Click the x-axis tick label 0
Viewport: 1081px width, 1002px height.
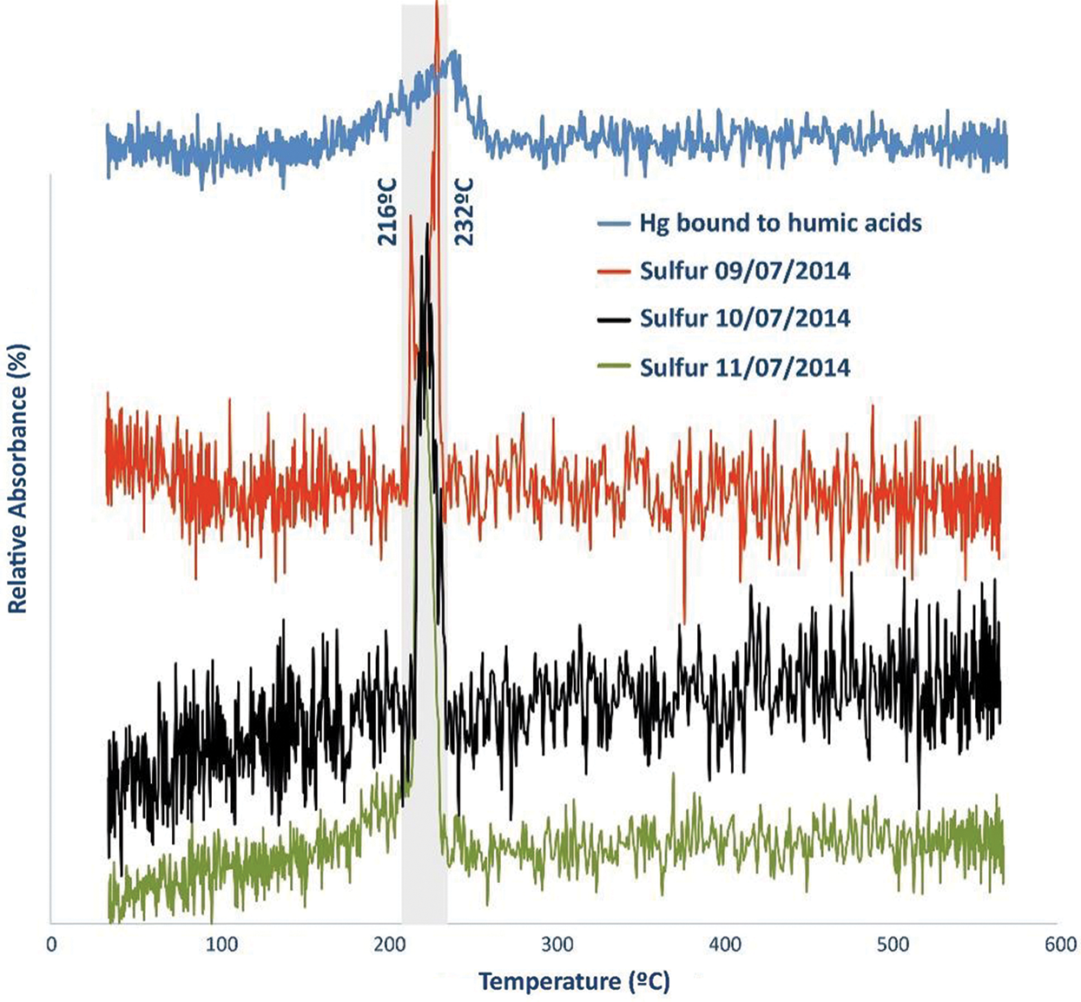pos(52,945)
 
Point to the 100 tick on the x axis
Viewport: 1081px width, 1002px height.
pos(221,945)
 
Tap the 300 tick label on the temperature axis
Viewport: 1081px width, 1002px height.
pos(557,945)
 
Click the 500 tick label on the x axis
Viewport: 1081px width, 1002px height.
pos(893,945)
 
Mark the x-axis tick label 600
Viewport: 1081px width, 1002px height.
pos(1060,945)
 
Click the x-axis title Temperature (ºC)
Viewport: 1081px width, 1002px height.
pos(574,981)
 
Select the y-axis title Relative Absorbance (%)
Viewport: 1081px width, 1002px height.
pos(18,478)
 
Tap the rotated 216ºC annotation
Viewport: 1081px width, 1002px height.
pos(388,212)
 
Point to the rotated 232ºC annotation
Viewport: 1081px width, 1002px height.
pos(465,212)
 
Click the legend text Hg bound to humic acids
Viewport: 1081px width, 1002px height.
pos(781,223)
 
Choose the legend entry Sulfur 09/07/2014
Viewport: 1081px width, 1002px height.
pos(745,271)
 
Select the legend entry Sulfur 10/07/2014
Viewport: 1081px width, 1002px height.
pos(745,318)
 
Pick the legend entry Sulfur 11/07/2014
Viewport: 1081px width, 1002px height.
pos(745,367)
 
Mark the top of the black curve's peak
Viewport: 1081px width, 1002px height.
pos(427,225)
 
